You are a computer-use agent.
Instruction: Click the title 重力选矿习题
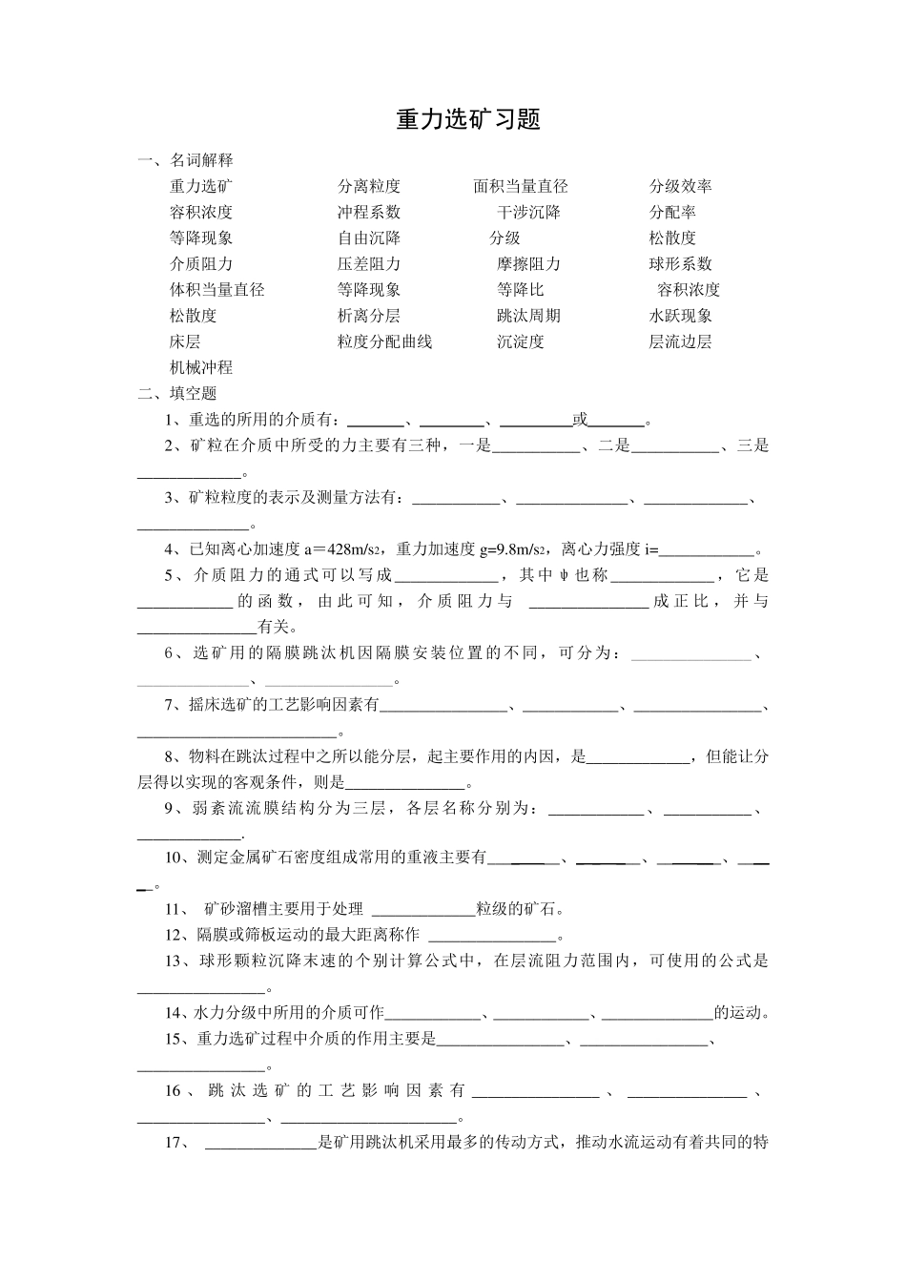pos(468,120)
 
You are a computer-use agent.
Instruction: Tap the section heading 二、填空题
pos(177,393)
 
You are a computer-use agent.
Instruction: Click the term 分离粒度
pos(368,186)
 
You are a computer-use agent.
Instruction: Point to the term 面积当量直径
pos(520,186)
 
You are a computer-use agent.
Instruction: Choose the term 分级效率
pos(680,186)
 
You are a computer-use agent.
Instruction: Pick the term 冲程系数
pos(368,212)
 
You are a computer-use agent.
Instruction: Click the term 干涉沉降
pos(528,212)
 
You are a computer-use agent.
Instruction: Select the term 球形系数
pos(680,263)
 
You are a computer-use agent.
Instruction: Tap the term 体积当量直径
pos(216,289)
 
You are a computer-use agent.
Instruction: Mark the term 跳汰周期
pos(528,316)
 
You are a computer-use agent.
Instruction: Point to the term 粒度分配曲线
pos(384,341)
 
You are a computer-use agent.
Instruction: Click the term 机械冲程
pos(200,367)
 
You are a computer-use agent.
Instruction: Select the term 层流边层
pos(680,341)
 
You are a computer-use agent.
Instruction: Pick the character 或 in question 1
pos(580,419)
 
